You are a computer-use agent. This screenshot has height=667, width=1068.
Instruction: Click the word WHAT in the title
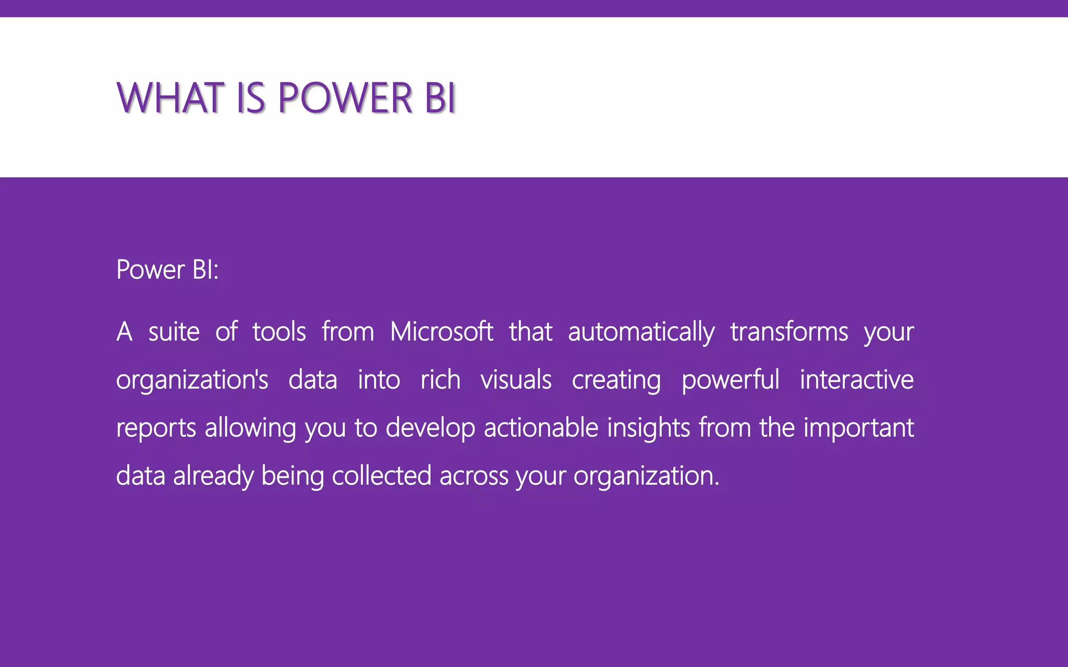click(x=169, y=98)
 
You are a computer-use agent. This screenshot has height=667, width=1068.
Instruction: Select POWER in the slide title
click(x=345, y=98)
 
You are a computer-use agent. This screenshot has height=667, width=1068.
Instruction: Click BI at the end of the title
click(x=440, y=98)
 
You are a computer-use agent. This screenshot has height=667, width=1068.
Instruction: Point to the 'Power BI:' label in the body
click(x=167, y=270)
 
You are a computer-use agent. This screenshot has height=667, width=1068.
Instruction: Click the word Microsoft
click(x=441, y=332)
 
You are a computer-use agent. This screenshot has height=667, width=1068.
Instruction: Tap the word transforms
click(x=789, y=332)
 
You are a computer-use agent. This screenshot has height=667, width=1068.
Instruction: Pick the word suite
click(x=174, y=332)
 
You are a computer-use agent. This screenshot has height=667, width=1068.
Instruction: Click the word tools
click(x=279, y=332)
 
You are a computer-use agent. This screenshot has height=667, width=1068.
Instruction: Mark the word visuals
click(x=516, y=380)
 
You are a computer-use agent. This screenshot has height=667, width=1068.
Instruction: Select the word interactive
click(x=856, y=380)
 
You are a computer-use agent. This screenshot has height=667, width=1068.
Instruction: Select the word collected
click(x=381, y=476)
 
